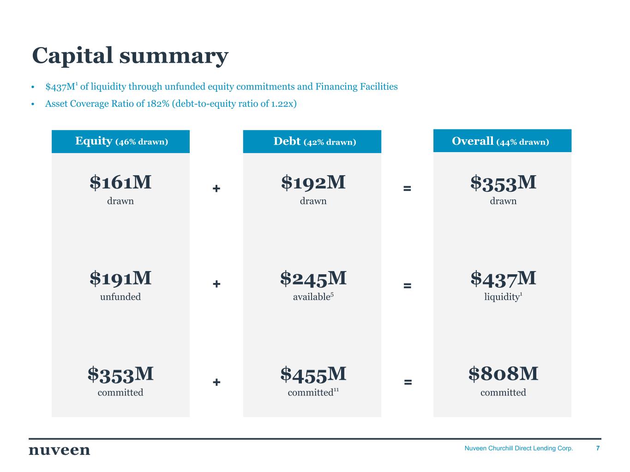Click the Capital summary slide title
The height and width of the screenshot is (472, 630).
[130, 55]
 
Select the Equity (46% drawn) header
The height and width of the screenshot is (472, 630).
[121, 142]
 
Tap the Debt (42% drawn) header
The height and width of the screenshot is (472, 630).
[314, 142]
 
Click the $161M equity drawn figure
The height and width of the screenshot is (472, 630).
[120, 183]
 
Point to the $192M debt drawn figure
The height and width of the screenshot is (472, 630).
[313, 183]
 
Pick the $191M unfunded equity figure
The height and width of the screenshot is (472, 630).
[120, 278]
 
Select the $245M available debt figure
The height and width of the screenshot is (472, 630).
[313, 278]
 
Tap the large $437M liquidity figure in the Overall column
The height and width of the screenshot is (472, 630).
[503, 278]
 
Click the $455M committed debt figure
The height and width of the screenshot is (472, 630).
[313, 374]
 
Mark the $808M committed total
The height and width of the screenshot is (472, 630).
[503, 374]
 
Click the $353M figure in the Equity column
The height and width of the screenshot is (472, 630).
[120, 374]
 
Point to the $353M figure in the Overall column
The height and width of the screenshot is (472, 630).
[503, 183]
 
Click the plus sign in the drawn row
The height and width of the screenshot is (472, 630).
[216, 189]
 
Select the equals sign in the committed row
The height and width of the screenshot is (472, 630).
[408, 382]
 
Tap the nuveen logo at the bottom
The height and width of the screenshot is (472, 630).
[60, 450]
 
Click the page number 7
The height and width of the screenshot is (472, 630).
[598, 448]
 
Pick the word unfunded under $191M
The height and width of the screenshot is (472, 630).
[120, 297]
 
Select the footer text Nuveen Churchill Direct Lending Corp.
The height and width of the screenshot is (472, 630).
[518, 448]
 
